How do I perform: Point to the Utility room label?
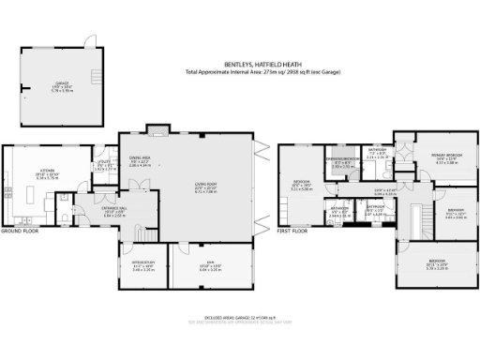click(104, 167)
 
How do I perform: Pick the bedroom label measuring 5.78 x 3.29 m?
click(438, 265)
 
